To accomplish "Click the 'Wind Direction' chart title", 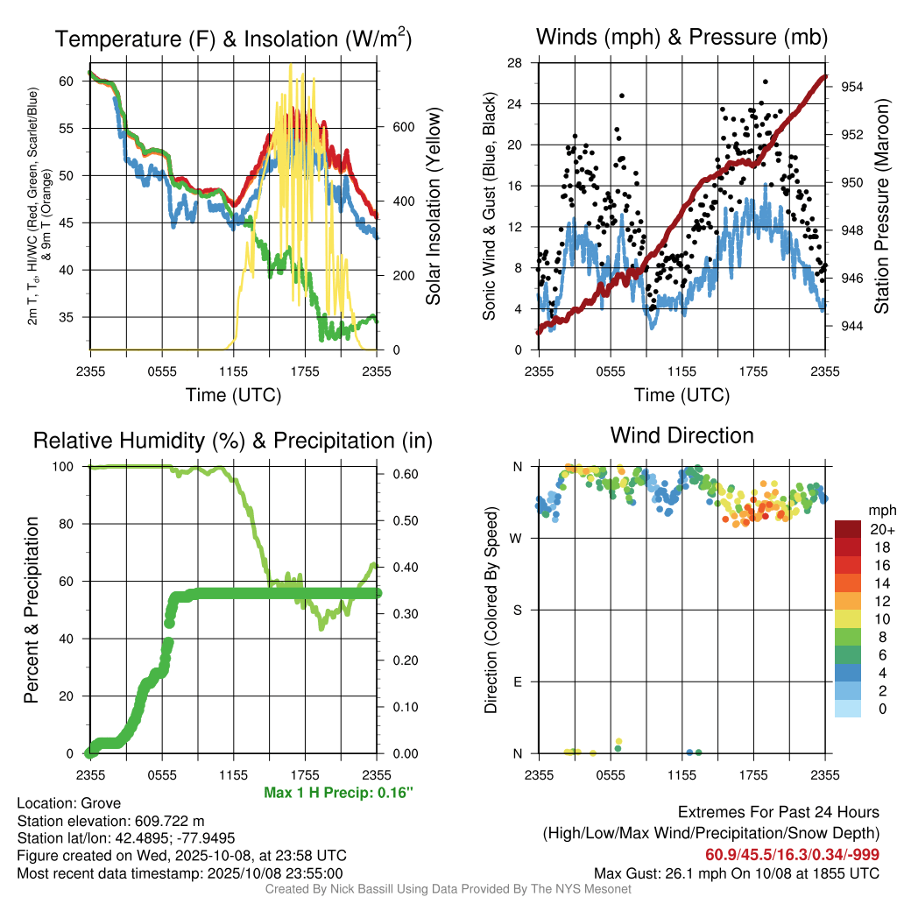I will point(682,435).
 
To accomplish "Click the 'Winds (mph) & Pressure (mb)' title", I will point(682,38).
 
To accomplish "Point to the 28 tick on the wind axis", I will point(516,62).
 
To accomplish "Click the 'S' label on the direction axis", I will point(518,610).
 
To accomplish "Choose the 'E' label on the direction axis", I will point(518,682).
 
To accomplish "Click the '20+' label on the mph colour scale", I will point(880,529).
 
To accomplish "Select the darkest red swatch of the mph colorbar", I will point(847,529).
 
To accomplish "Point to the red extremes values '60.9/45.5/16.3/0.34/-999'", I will point(793,854).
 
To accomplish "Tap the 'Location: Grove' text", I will point(69,803).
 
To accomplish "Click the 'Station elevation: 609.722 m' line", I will point(110,821).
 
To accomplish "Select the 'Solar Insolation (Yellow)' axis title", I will point(434,206).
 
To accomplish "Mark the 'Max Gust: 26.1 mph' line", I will point(736,872).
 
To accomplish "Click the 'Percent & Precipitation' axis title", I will point(31,610).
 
